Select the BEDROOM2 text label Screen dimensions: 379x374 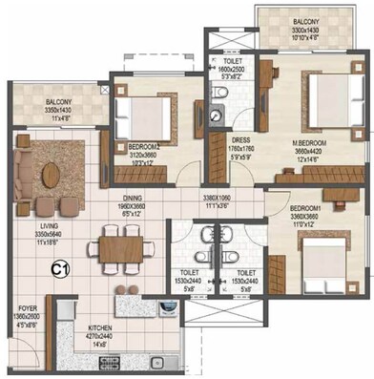(x=143, y=148)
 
